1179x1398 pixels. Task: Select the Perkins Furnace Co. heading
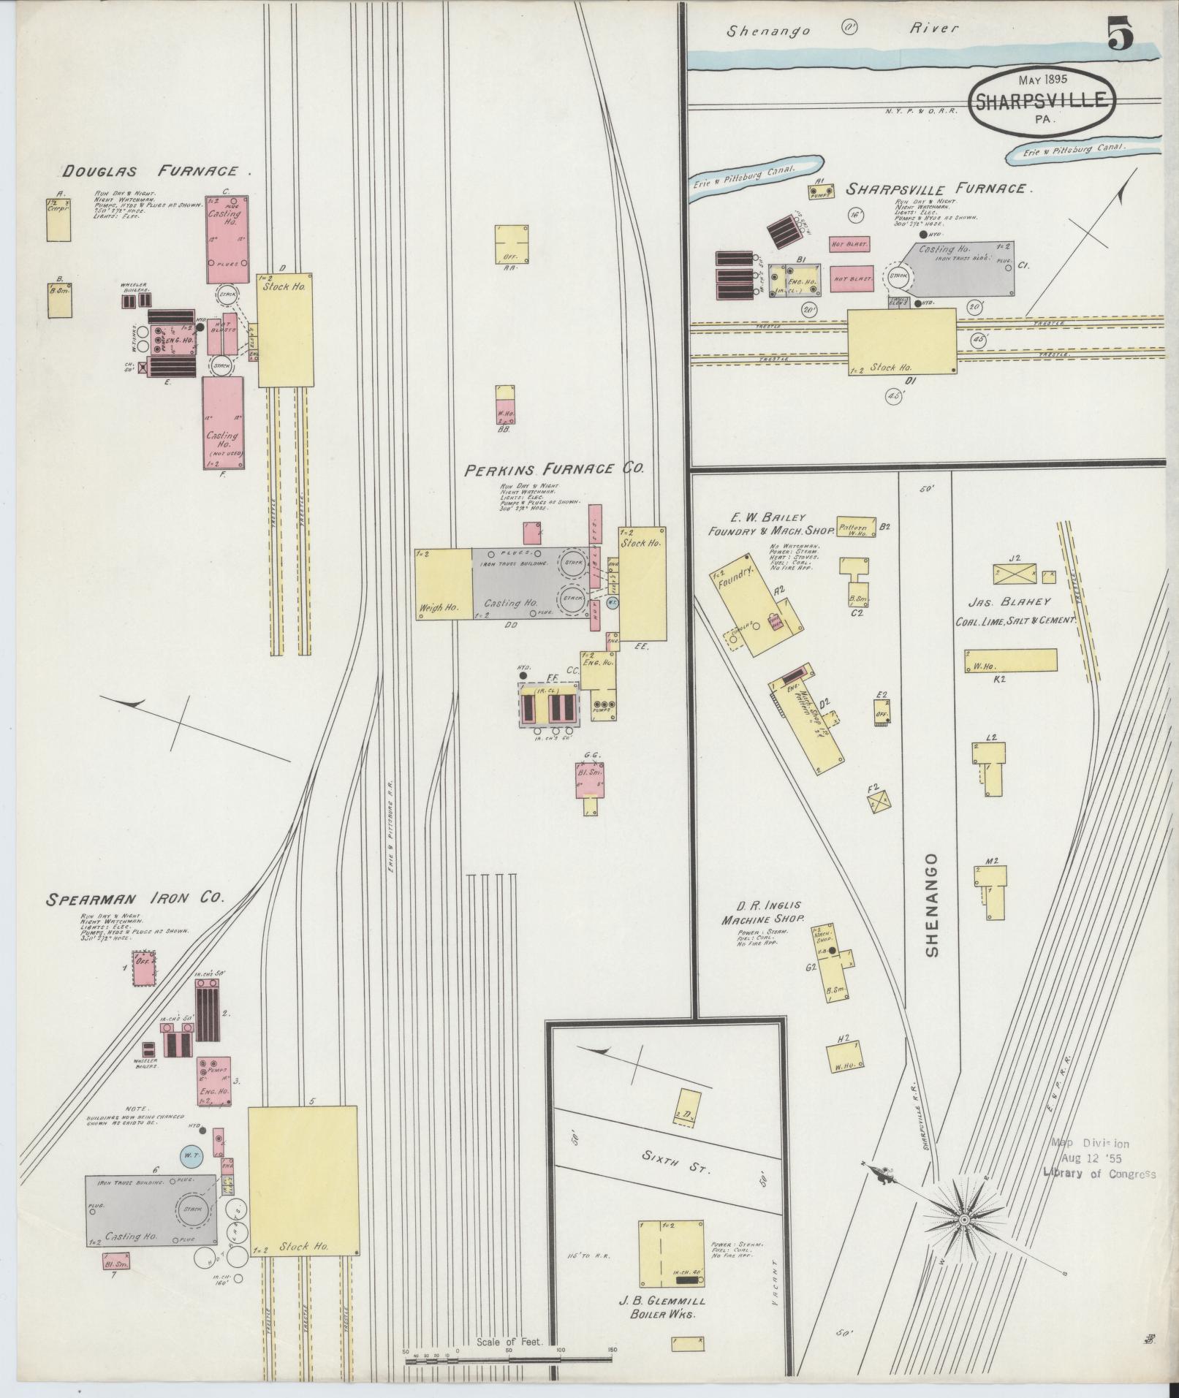(554, 470)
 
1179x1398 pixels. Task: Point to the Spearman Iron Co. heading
(134, 898)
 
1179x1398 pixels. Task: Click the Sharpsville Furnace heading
(939, 189)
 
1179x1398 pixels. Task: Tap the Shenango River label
(841, 29)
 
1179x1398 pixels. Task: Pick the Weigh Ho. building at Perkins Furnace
(443, 585)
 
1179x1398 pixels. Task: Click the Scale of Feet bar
(508, 1361)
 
